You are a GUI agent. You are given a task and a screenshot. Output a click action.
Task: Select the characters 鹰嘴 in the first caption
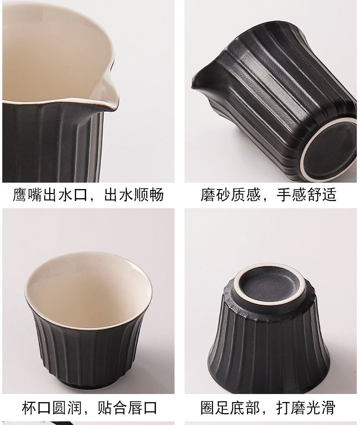pyautogui.click(x=28, y=195)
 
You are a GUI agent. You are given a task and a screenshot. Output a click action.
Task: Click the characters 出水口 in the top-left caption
pyautogui.click(x=65, y=195)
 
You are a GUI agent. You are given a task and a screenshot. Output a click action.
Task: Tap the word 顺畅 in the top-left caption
pyautogui.click(x=149, y=195)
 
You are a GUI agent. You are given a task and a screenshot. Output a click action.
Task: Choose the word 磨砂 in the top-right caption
pyautogui.click(x=216, y=195)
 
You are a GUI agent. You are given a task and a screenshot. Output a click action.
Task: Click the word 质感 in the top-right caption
pyautogui.click(x=246, y=195)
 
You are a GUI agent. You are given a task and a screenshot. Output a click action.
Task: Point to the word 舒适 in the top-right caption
pyautogui.click(x=322, y=195)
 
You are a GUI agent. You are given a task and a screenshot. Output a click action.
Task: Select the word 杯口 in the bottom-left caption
pyautogui.click(x=36, y=408)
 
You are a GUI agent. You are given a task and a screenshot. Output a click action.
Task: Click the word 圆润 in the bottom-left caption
pyautogui.click(x=67, y=408)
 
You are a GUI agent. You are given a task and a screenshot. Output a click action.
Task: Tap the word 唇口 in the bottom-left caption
pyautogui.click(x=142, y=408)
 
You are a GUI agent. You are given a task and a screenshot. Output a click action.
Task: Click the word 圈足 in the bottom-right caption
pyautogui.click(x=216, y=408)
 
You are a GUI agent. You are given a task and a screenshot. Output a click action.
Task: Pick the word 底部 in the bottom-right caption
pyautogui.click(x=246, y=408)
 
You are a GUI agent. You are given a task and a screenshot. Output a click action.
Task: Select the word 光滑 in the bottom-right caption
pyautogui.click(x=321, y=408)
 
